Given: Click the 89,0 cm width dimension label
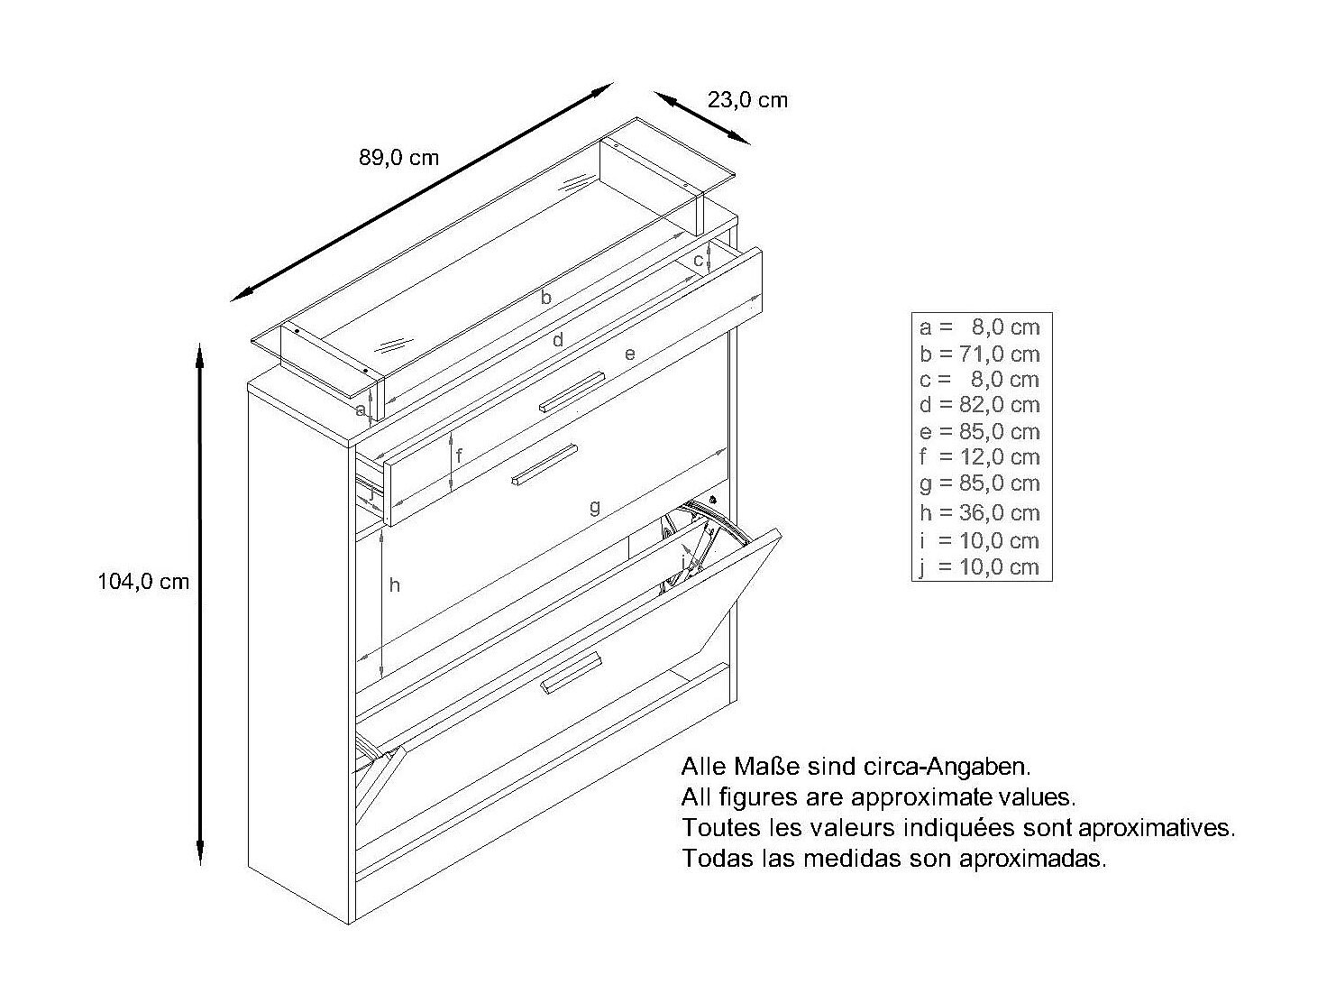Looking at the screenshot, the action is tap(398, 158).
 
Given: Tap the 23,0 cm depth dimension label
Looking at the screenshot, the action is tap(747, 100).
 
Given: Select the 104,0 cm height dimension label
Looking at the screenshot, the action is tap(143, 582).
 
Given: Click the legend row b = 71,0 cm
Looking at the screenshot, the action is tap(979, 354).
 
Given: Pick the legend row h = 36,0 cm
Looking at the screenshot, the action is tap(979, 512).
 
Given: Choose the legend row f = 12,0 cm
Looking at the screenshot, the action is tap(979, 457).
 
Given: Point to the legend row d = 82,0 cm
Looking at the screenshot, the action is tap(979, 405).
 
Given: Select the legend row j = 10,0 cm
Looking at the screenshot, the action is tap(979, 567).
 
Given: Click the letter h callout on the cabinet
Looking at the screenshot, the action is tap(394, 585).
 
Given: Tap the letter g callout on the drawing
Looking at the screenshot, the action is tap(594, 507).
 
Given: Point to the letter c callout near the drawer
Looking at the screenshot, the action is tap(699, 261).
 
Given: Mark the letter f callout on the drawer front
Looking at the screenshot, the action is tap(459, 456).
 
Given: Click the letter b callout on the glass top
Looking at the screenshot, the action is tap(545, 297).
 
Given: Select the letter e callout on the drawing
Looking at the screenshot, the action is tap(629, 354).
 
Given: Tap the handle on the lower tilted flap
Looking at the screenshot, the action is tap(572, 674).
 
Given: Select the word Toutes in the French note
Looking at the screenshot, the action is tap(718, 827).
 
